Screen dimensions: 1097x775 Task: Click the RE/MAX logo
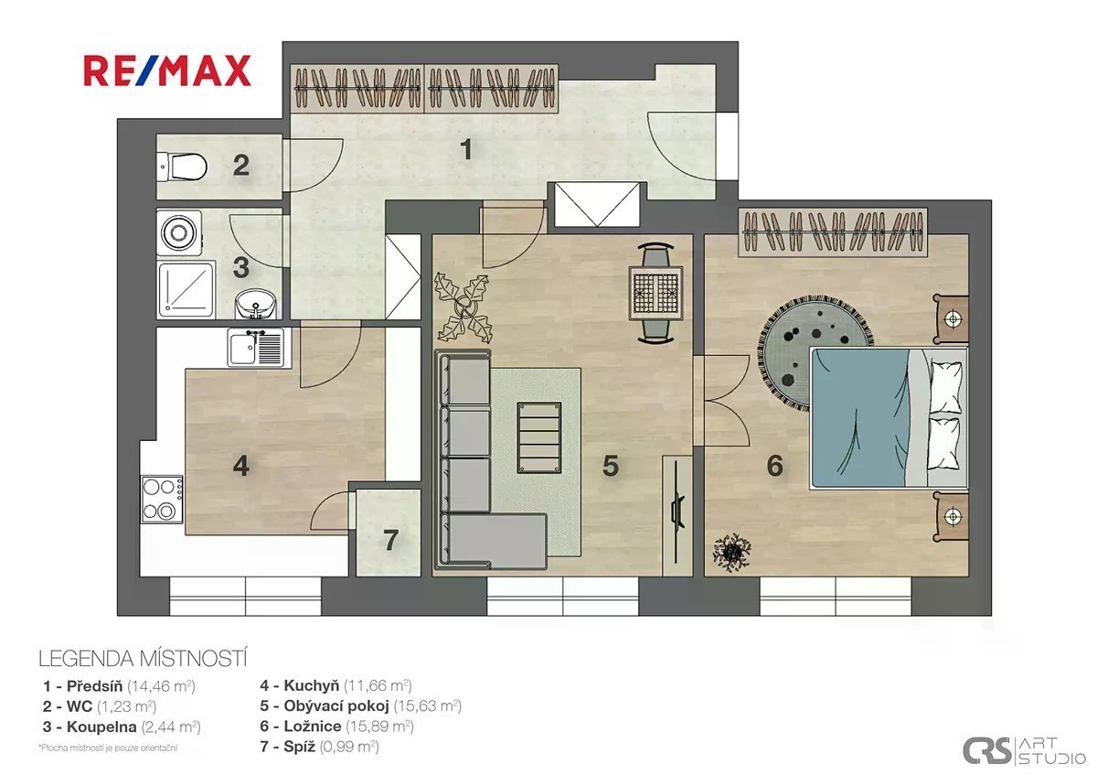pos(167,70)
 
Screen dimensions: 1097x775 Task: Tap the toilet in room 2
pos(182,167)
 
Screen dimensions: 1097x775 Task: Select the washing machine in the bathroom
pos(179,233)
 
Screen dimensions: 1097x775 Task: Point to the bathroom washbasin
pos(255,304)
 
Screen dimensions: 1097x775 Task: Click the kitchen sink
pos(256,348)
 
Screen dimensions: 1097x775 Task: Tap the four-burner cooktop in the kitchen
pos(163,499)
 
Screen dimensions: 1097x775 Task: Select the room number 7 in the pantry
pos(390,540)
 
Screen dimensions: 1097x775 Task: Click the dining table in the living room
pos(655,293)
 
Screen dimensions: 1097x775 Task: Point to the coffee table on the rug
pos(539,437)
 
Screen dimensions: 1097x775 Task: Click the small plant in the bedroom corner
pos(732,553)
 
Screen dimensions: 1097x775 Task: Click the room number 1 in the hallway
pos(466,149)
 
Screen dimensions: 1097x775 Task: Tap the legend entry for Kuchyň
pos(335,685)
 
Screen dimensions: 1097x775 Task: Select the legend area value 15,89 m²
pos(379,726)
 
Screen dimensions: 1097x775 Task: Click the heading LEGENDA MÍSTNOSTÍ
pos(143,659)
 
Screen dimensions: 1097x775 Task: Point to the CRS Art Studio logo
pos(1024,750)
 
